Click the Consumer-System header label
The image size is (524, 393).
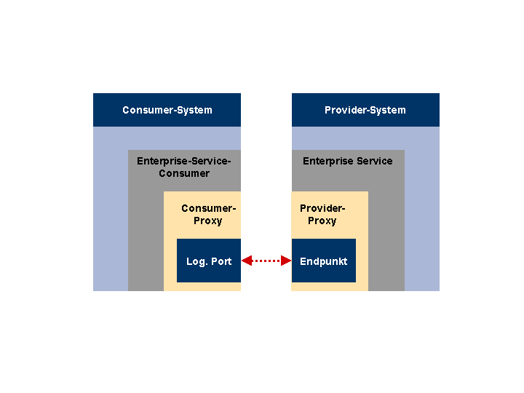coord(167,110)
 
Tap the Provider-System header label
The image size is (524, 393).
coord(365,110)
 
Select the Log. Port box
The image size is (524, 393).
coord(209,261)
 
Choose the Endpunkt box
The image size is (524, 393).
coord(323,261)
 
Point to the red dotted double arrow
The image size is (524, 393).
coord(266,261)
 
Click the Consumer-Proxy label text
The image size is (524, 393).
coord(209,215)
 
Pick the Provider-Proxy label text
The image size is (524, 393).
coord(322,215)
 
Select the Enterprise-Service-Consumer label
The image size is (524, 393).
coord(184,167)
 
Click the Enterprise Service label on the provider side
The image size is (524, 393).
coord(348,161)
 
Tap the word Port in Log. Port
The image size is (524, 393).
coord(221,261)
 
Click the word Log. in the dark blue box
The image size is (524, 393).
coord(196,262)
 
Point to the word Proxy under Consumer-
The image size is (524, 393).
coord(208,221)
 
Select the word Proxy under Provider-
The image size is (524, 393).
coord(322,221)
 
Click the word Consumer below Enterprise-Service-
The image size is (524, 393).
coord(184,173)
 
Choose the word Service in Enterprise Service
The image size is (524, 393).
coord(375,161)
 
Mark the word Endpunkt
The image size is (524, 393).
coord(323,261)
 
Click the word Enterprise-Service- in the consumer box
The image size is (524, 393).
coord(184,161)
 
